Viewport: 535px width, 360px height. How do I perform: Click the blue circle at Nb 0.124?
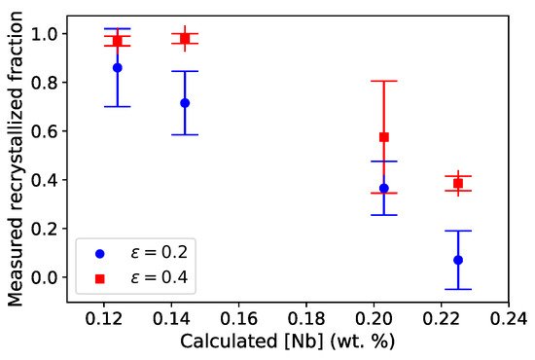coord(118,67)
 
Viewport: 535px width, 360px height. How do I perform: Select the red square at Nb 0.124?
coord(118,41)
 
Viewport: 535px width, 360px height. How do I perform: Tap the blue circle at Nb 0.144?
coord(185,102)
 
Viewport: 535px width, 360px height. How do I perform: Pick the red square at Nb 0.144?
coord(185,38)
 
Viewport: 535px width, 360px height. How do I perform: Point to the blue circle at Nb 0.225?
coord(458,260)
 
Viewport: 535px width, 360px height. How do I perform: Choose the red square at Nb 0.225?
coord(458,183)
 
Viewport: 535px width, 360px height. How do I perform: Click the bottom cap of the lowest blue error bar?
coord(458,289)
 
